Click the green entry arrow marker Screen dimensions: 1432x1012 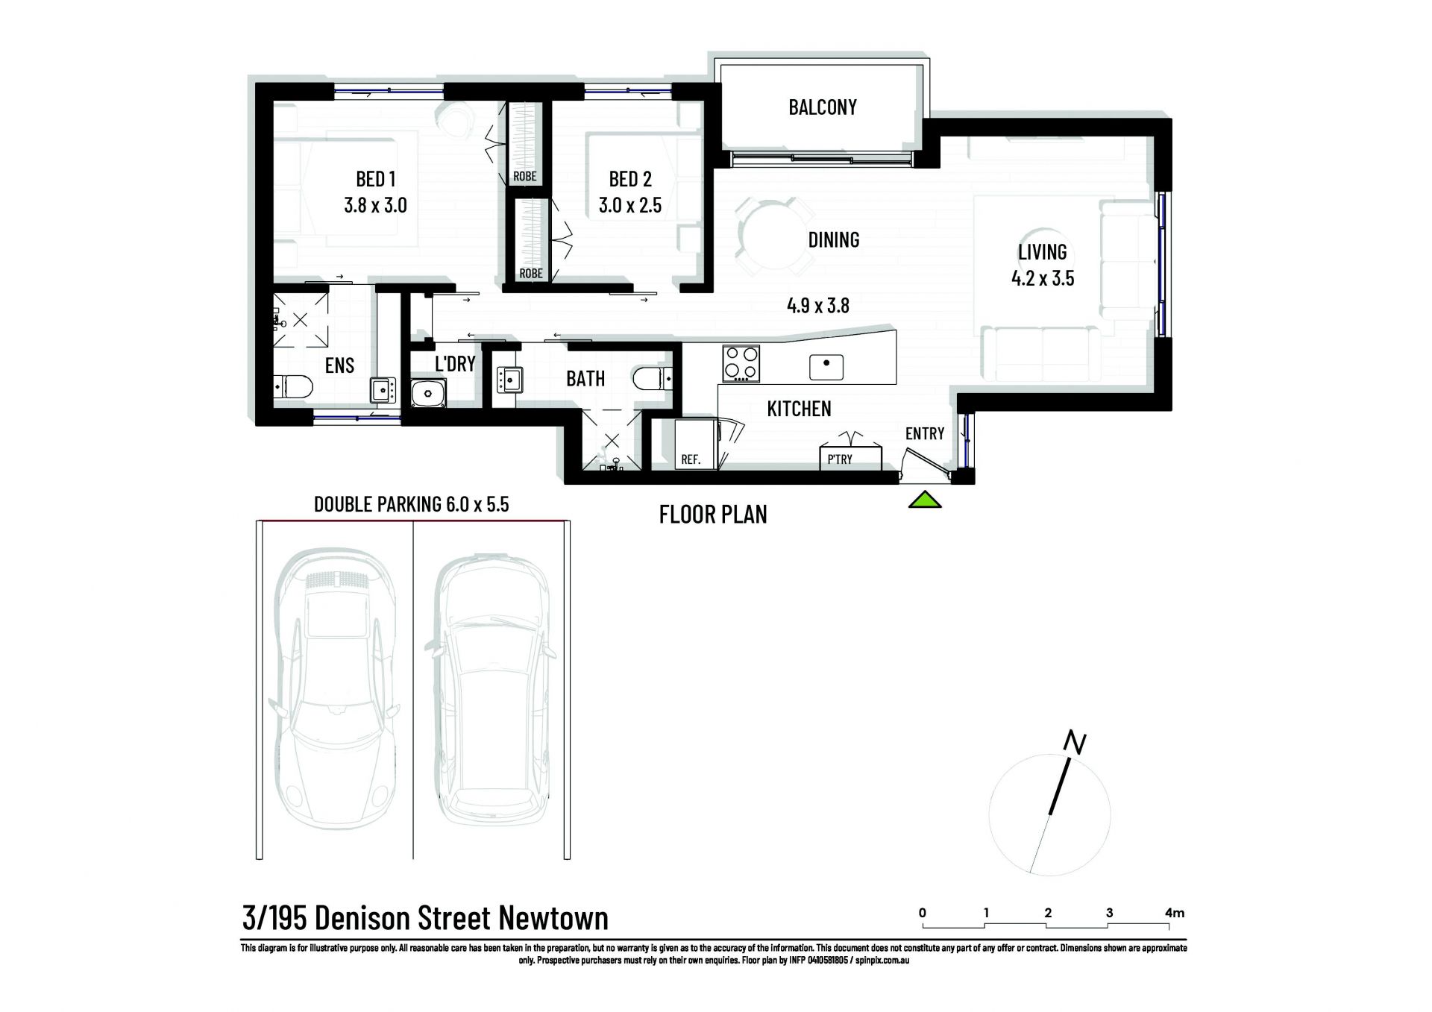(925, 500)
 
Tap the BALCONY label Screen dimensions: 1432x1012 (823, 107)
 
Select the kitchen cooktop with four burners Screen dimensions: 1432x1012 (741, 363)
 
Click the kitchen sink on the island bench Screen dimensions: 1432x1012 (826, 367)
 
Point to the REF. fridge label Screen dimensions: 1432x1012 (691, 459)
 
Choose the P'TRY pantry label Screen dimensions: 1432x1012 (840, 459)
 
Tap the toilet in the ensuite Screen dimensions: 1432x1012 (292, 386)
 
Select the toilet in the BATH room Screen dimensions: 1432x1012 (653, 379)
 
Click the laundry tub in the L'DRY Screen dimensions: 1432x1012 (428, 392)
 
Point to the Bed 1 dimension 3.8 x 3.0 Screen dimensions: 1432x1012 (375, 205)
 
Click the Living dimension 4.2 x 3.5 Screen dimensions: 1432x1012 (1043, 278)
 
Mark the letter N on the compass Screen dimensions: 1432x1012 (1075, 744)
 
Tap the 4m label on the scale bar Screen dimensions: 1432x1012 (1175, 913)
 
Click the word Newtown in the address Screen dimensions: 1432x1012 (553, 918)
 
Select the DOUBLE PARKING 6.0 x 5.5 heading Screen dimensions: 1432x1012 (411, 504)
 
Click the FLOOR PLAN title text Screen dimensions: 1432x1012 (713, 515)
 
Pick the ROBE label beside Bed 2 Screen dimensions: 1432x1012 (531, 274)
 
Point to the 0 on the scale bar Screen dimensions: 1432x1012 (923, 913)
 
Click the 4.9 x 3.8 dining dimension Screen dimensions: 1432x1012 (818, 305)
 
